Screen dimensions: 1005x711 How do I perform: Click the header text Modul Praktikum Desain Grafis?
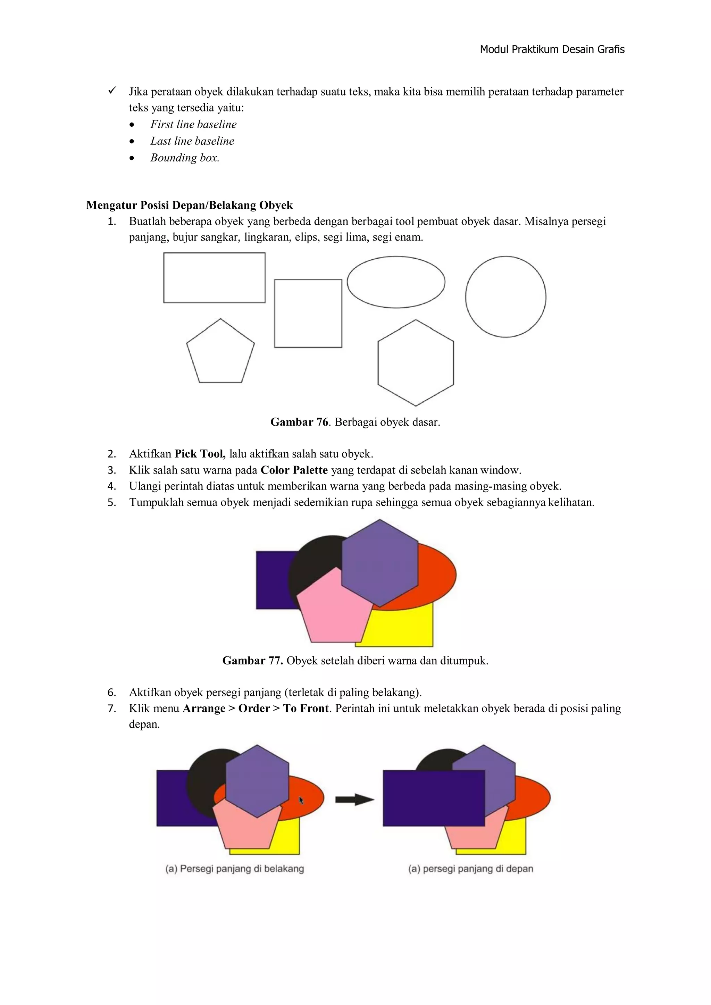[x=552, y=49]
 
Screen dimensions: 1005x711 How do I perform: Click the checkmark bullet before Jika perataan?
[x=112, y=91]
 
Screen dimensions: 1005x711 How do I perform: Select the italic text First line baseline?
[x=193, y=124]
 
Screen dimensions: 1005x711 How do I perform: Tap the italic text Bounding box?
[x=184, y=158]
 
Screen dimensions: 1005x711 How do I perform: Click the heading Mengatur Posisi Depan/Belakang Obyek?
[x=189, y=205]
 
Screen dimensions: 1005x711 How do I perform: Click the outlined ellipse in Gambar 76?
[x=396, y=282]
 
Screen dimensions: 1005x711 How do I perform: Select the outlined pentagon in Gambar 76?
[x=220, y=354]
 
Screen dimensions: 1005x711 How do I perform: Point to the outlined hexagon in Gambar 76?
[x=416, y=363]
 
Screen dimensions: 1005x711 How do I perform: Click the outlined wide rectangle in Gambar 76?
[x=214, y=277]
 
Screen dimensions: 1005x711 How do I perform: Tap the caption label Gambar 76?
[x=299, y=422]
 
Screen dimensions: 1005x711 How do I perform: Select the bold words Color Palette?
[x=294, y=470]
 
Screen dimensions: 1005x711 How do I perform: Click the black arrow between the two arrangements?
[x=354, y=800]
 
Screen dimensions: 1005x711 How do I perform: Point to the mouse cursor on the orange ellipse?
[x=301, y=800]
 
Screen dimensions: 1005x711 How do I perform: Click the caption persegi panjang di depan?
[x=471, y=869]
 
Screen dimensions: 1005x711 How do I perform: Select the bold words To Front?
[x=306, y=709]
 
